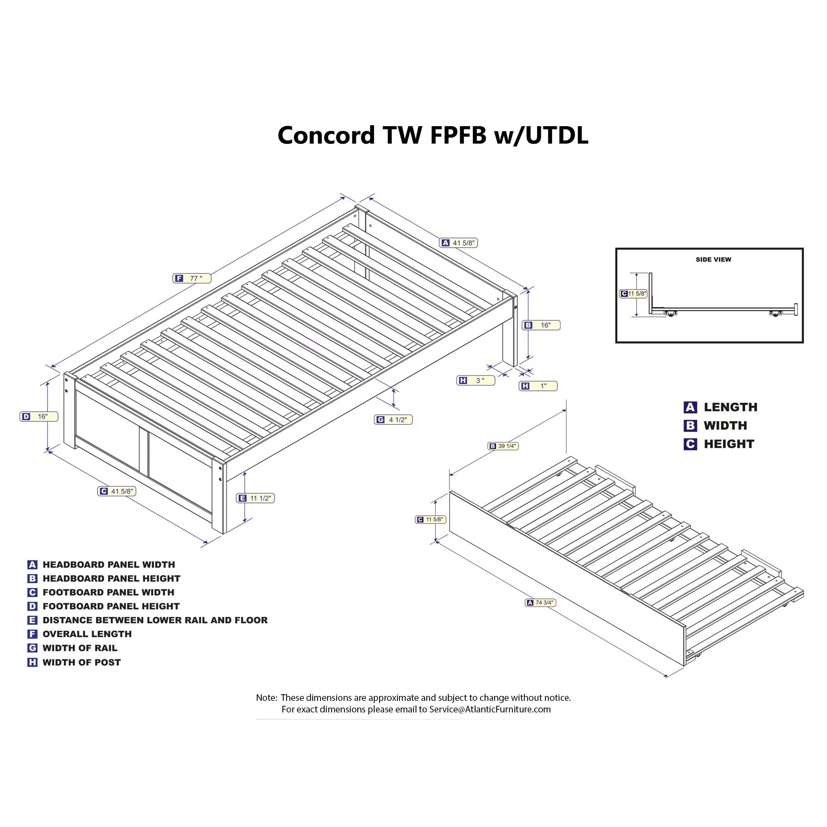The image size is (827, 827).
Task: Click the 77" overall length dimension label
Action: click(x=192, y=278)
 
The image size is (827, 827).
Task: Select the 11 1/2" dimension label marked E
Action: click(x=255, y=498)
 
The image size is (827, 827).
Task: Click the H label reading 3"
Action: click(x=476, y=380)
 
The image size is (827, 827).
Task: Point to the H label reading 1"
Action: click(x=538, y=386)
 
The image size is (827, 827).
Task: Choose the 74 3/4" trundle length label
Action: click(x=540, y=603)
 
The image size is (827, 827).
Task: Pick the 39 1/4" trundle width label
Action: click(x=503, y=446)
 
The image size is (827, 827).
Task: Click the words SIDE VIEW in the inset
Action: click(x=713, y=259)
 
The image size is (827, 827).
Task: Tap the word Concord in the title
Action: click(x=326, y=135)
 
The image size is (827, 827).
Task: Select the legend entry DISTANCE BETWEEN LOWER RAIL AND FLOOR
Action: click(x=155, y=620)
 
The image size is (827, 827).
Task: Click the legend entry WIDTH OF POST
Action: click(x=81, y=662)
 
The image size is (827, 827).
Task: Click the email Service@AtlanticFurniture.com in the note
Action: click(x=490, y=709)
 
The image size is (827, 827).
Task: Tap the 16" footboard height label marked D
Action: click(x=38, y=416)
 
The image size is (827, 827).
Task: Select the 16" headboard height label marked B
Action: click(x=541, y=325)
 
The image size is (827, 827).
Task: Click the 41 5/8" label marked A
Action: click(x=459, y=243)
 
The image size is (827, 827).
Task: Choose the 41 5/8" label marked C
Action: click(x=117, y=491)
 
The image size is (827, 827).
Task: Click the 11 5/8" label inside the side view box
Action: click(x=633, y=294)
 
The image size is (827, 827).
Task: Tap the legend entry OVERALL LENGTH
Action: click(x=87, y=634)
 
